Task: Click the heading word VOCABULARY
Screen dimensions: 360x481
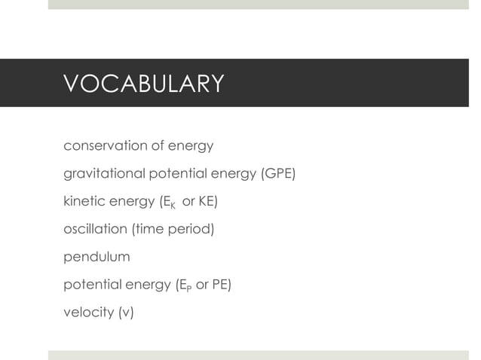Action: click(143, 84)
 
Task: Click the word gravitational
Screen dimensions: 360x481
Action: click(103, 174)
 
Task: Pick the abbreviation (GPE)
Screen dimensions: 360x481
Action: click(277, 174)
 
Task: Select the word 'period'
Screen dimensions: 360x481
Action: click(193, 229)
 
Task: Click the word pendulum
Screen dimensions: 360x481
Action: click(97, 257)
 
